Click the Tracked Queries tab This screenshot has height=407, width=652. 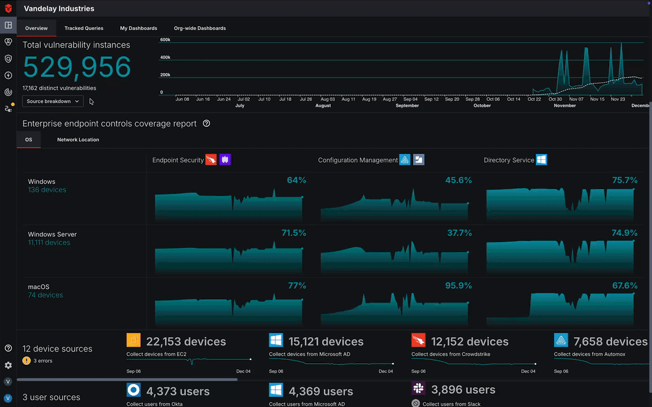click(84, 28)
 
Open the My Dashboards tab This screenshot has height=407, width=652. click(138, 28)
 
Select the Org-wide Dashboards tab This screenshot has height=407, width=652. click(200, 28)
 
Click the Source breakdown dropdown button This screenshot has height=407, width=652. click(53, 101)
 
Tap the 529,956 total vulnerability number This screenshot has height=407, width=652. click(77, 67)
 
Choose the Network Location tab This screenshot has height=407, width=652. click(78, 140)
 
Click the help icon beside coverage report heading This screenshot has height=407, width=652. click(206, 124)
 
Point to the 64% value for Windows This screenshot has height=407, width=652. click(296, 180)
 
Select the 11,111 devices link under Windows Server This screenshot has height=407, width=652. click(49, 242)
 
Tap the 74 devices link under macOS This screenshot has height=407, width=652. click(45, 295)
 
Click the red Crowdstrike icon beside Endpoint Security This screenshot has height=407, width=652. click(211, 160)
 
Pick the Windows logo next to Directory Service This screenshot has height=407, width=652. click(542, 160)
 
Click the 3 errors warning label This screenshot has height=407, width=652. click(42, 361)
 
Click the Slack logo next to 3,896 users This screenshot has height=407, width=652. click(418, 388)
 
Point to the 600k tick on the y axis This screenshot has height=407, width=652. click(165, 40)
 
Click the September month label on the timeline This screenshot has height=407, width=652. click(407, 106)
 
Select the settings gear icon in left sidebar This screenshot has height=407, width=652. click(8, 365)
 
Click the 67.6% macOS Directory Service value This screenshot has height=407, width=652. click(625, 286)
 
